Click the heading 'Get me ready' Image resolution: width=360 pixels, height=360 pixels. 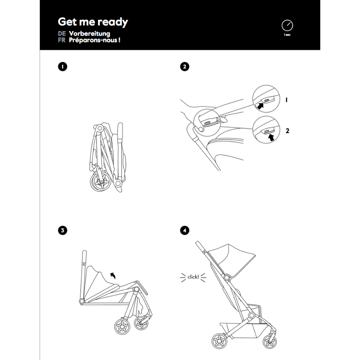pos(93,22)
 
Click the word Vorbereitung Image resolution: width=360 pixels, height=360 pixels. pos(89,34)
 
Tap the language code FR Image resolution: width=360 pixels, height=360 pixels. pos(61,40)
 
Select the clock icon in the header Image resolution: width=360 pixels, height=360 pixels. pos(287,25)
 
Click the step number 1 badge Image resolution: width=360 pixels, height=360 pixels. pos(63,67)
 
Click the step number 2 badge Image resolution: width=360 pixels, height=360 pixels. pos(184,67)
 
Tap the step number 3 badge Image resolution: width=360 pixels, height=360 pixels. pos(63,230)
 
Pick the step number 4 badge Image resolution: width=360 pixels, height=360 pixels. pos(184,230)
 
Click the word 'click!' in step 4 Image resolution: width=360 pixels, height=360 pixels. pos(193,277)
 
